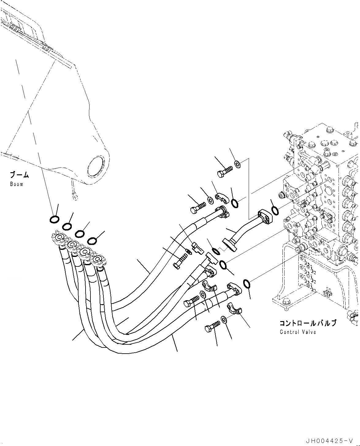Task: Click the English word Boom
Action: point(16,184)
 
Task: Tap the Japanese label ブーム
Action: point(19,175)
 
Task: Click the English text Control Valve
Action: point(297,332)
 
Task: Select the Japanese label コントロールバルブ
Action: point(307,323)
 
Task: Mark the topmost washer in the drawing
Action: point(238,165)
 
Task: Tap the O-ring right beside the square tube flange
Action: point(275,211)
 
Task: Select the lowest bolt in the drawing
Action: point(212,326)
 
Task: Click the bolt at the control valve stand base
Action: point(285,302)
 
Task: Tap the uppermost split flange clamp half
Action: point(222,197)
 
